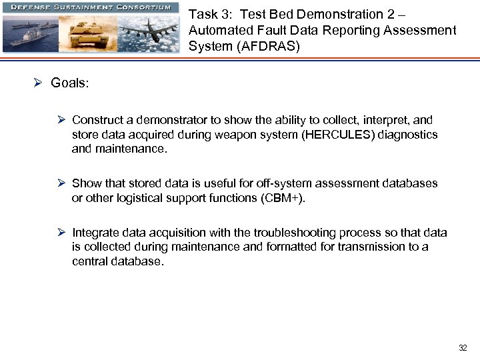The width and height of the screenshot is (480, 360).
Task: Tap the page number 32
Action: tap(463, 347)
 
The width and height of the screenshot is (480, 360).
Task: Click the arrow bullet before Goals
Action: tap(39, 83)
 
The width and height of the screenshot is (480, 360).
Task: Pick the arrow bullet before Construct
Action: tap(61, 120)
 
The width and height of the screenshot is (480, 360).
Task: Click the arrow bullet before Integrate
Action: tap(61, 233)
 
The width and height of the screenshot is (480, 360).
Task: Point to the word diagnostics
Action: tap(407, 135)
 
